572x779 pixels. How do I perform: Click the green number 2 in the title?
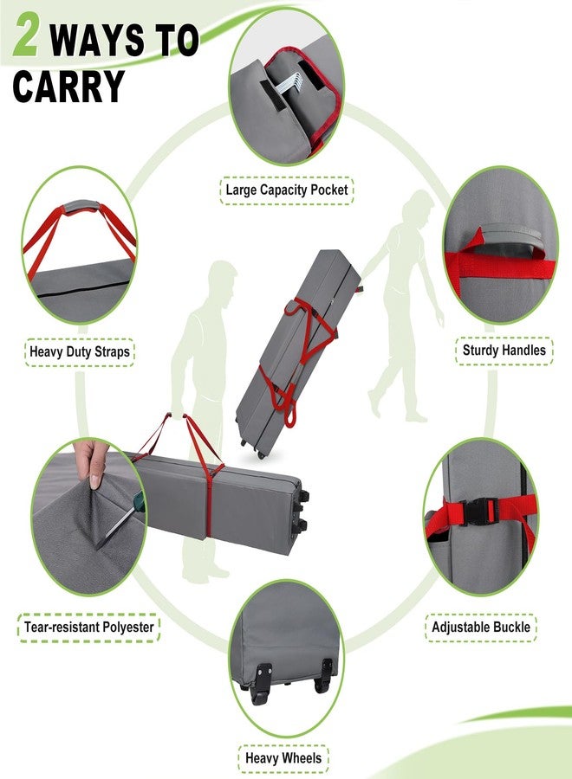tap(26, 34)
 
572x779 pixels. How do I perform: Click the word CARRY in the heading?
tap(68, 86)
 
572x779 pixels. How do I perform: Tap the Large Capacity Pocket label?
tap(287, 190)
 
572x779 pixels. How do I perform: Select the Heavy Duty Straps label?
tap(80, 351)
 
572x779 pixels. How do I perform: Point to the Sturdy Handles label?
tap(504, 351)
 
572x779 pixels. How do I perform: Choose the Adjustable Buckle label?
tap(480, 627)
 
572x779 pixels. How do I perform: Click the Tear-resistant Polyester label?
tap(89, 627)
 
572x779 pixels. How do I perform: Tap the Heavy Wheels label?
tap(283, 758)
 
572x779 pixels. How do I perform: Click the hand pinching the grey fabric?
tap(91, 464)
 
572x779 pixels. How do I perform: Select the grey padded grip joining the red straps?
tap(81, 207)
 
